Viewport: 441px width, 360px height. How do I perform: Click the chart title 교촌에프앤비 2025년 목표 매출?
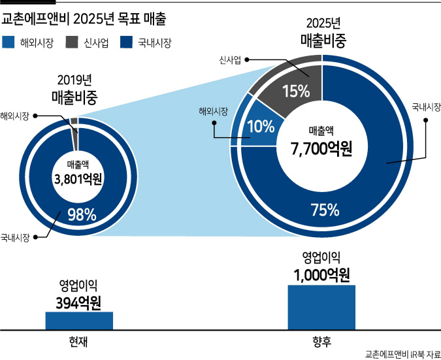pos(84,19)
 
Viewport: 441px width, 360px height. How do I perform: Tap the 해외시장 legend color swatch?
pos(8,42)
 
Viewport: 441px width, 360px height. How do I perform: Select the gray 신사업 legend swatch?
pos(72,42)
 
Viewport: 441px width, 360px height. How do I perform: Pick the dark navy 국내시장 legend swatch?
pos(126,42)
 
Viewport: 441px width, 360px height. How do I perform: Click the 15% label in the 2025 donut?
pos(296,91)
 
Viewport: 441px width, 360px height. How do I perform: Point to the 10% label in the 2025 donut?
pos(261,126)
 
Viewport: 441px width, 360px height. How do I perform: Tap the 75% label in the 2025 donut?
pos(325,210)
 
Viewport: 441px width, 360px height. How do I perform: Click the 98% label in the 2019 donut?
pos(82,215)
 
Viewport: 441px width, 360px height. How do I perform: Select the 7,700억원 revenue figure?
pos(321,149)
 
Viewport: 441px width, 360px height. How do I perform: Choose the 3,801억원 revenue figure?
pos(78,179)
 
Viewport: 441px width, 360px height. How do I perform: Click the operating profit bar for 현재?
pos(79,321)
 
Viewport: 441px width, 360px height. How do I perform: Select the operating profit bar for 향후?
pos(321,308)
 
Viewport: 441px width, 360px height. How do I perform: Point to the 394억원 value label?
pos(78,303)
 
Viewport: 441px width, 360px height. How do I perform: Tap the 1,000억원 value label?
pos(321,275)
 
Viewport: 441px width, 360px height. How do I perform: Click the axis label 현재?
pos(78,342)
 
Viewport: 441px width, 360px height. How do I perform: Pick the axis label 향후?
pos(321,342)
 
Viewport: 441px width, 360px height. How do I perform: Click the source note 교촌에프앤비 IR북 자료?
pos(402,354)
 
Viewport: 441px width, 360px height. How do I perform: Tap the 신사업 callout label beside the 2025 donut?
pos(230,60)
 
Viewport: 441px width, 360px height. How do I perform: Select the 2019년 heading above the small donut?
pos(74,80)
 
